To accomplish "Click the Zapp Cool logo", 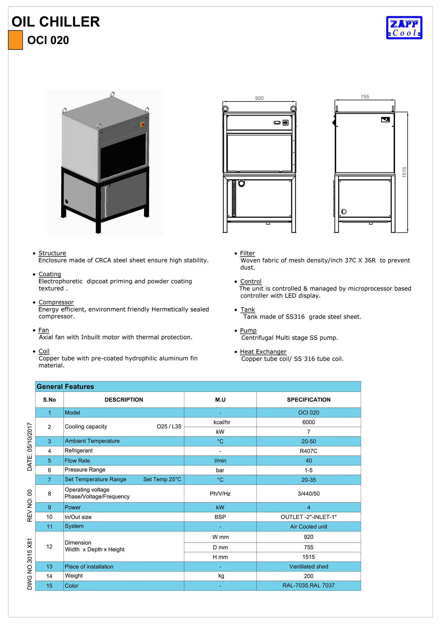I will [404, 28].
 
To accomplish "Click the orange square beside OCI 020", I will [15, 40].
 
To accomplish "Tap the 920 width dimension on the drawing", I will [259, 98].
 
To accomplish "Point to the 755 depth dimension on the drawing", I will [365, 97].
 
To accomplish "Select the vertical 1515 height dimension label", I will [404, 172].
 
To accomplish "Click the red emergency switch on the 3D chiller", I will [143, 124].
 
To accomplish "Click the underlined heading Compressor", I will [56, 302].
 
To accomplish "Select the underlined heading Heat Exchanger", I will [263, 352].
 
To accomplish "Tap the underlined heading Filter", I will [247, 253].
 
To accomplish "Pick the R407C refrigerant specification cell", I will [308, 451].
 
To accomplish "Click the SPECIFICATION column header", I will [308, 400].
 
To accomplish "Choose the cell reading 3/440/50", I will [308, 494].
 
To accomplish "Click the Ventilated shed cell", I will [308, 567].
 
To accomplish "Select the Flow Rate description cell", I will [77, 461].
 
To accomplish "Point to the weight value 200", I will [308, 576].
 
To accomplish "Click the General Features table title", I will [66, 386].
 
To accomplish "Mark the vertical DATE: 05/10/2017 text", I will [30, 447].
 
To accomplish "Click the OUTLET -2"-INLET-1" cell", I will [308, 517].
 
